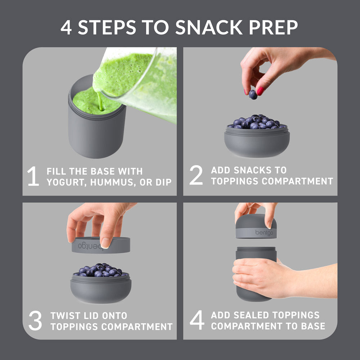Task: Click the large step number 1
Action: (x=33, y=176)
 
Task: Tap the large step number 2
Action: (x=196, y=176)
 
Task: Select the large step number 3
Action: (x=35, y=321)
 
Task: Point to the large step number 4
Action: (x=197, y=320)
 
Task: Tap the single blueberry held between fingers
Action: (x=253, y=94)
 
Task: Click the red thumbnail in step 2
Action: (x=260, y=91)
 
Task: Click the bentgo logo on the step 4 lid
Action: (x=264, y=233)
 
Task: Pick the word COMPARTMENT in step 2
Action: (x=297, y=181)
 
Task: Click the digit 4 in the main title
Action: (x=66, y=28)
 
